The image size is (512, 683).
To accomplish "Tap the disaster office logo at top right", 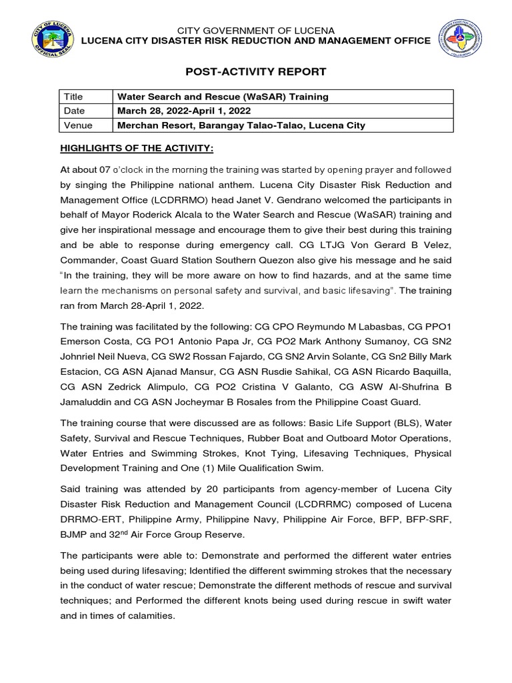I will tap(461, 41).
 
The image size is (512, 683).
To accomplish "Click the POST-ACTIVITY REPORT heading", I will tap(256, 71).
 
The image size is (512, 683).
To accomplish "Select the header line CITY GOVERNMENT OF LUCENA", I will tap(256, 31).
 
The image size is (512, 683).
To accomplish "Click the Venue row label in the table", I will tap(77, 125).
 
